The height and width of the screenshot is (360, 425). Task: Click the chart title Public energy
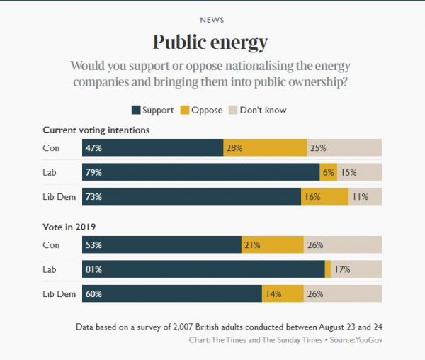[212, 43]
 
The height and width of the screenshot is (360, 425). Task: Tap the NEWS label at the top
[212, 20]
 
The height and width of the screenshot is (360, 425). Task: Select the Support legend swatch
[135, 110]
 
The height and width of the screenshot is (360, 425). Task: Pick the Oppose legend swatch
[185, 110]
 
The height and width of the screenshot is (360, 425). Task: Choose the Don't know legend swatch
[233, 110]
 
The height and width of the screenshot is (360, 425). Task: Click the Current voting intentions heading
[96, 130]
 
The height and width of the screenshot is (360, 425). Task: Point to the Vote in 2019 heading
[69, 227]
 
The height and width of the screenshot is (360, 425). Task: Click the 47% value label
[93, 148]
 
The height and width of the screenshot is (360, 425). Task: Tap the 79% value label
[93, 172]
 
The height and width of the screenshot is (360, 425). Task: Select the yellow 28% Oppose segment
[265, 148]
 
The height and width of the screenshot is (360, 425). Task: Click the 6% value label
[328, 172]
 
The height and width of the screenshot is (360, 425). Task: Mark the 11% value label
[360, 197]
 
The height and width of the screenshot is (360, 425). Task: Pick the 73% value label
[93, 197]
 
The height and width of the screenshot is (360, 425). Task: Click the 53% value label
[93, 245]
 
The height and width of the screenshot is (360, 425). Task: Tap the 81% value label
[93, 269]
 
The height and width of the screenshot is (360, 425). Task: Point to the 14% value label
[273, 293]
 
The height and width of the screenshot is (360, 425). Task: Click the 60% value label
[93, 293]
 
